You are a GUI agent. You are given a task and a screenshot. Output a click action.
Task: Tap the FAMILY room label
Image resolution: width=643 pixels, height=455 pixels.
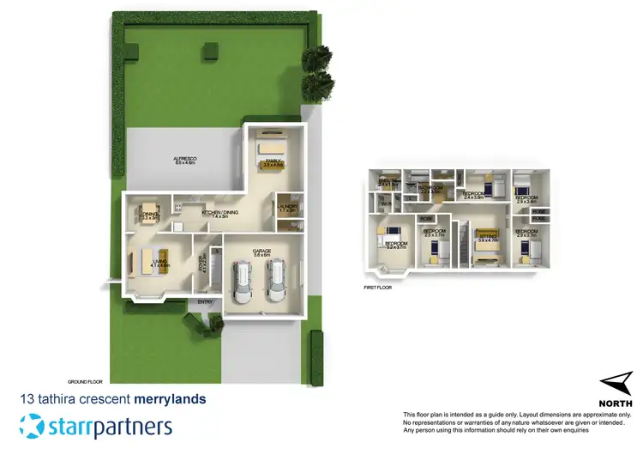coord(273,161)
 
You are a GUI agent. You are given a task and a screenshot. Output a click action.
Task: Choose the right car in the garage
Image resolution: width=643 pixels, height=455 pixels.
coord(275,282)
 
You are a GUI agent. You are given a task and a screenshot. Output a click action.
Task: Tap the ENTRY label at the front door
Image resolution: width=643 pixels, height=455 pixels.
coord(206,302)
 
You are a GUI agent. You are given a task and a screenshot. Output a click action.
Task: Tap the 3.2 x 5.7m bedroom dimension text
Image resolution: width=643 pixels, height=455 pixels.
coord(396,247)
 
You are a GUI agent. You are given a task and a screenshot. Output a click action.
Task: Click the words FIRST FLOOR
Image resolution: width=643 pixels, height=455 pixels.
coord(377,288)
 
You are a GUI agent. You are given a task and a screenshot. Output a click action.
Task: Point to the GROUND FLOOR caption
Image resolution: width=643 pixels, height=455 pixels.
coord(85,380)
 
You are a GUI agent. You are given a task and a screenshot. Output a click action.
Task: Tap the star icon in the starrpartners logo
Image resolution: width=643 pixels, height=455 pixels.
coord(33,427)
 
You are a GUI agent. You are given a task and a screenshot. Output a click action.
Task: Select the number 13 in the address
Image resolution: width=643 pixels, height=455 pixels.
coord(27,399)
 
